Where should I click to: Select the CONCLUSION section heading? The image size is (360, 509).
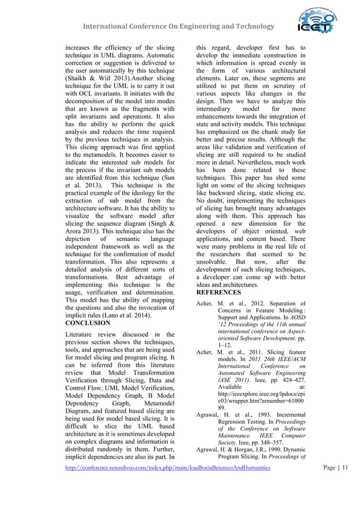(88, 323)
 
